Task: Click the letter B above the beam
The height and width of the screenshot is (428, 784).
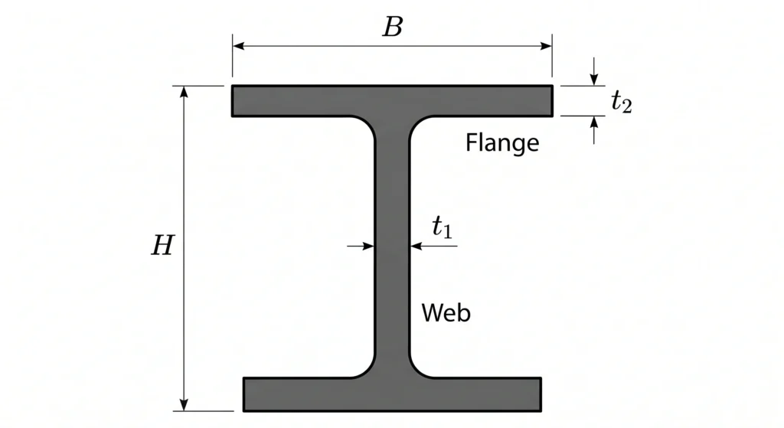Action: (393, 27)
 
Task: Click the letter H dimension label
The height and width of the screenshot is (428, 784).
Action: (163, 246)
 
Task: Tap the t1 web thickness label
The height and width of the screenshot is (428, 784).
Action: (442, 227)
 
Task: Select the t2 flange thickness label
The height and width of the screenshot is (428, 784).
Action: (622, 102)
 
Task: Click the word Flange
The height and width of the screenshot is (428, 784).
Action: (502, 142)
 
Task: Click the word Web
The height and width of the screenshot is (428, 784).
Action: (446, 313)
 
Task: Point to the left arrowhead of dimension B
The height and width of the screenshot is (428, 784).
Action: (239, 46)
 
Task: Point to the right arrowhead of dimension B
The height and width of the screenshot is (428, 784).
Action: (546, 46)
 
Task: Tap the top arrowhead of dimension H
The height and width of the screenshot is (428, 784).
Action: (184, 92)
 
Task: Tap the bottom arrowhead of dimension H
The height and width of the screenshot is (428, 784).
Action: (184, 405)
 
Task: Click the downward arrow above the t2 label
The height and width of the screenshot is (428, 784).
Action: (593, 71)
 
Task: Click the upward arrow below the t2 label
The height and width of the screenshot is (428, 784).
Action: (593, 130)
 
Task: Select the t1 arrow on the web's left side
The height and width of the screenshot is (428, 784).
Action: (361, 246)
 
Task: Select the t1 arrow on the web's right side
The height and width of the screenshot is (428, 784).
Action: (433, 246)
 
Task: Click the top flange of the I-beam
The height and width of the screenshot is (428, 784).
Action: (393, 100)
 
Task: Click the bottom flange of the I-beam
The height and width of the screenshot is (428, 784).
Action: (393, 394)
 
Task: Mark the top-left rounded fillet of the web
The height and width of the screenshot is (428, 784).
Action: (367, 125)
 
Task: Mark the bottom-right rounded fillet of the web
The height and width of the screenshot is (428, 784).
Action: (417, 370)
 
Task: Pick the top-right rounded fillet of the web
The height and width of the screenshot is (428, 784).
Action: (417, 125)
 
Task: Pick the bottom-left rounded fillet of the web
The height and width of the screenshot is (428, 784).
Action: (367, 370)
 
